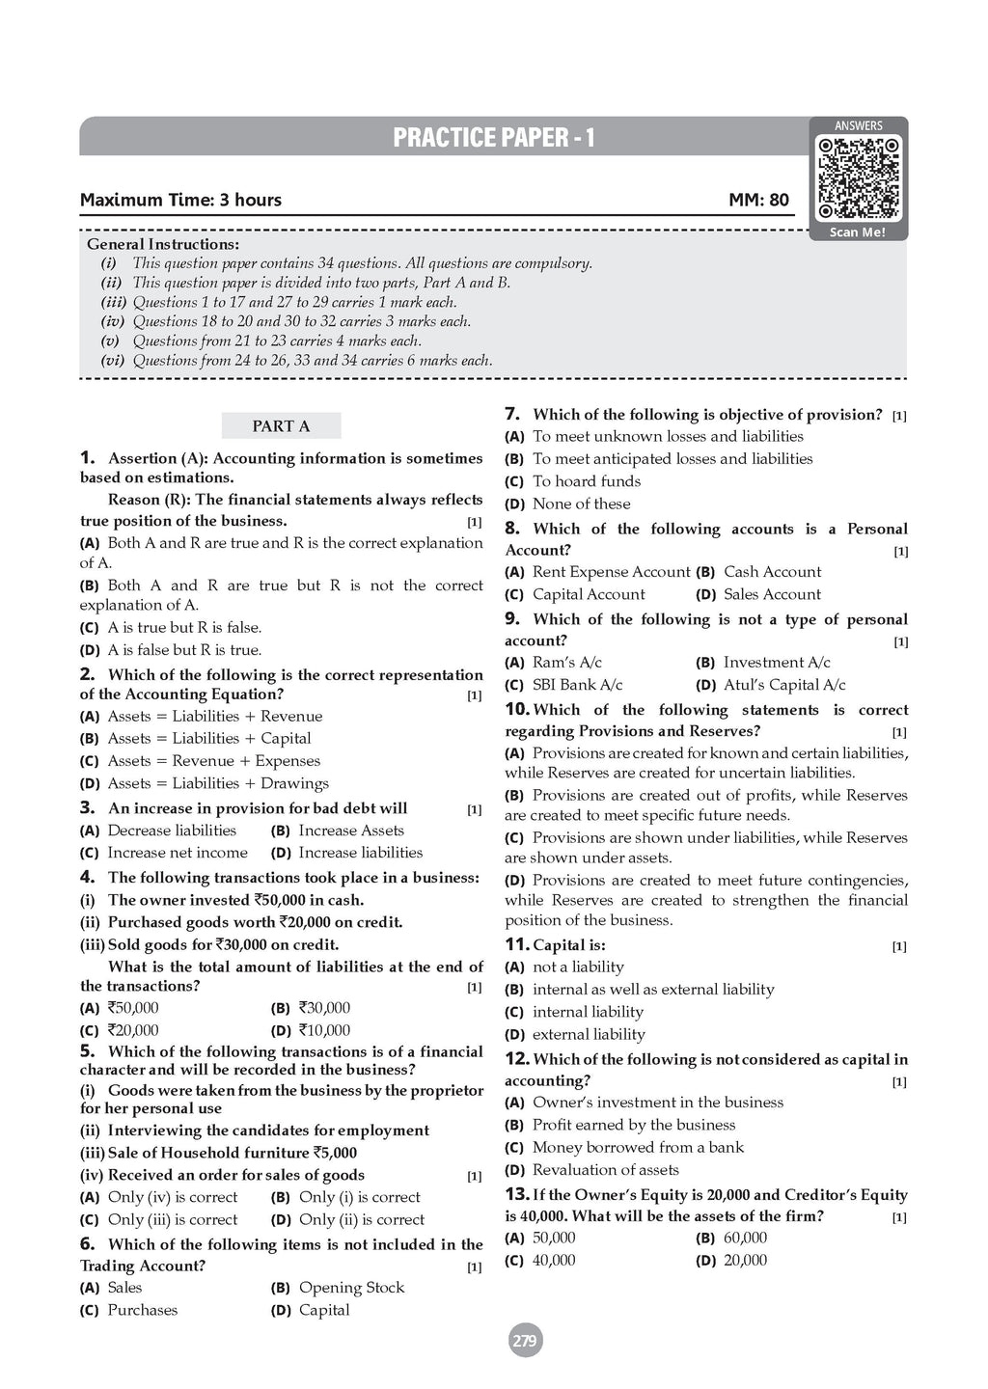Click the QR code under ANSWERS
tap(859, 178)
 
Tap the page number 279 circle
tap(525, 1341)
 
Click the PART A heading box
tap(281, 426)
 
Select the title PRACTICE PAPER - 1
tap(493, 138)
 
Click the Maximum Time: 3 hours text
tap(180, 201)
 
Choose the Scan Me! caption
tap(858, 232)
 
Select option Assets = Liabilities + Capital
tap(208, 739)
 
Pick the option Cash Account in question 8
tap(772, 572)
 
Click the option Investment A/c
tap(776, 663)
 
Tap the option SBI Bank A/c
tap(577, 685)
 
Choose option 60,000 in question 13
tap(745, 1239)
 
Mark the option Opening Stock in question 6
tap(351, 1288)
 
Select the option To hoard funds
tap(586, 481)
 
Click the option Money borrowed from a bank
tap(638, 1148)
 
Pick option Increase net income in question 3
tap(178, 853)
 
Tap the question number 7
tap(512, 414)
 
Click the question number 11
tap(517, 944)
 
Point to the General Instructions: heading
tap(163, 244)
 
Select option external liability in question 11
tap(589, 1035)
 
